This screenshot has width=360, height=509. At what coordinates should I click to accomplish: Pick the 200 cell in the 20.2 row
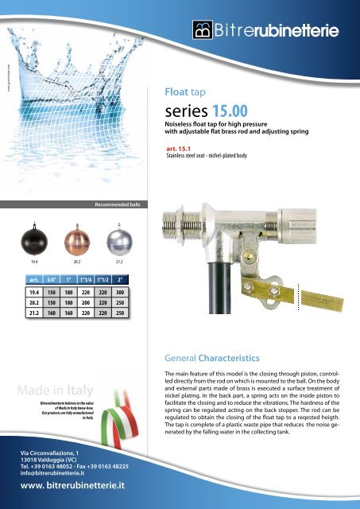[85, 304]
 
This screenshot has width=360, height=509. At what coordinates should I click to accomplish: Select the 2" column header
[119, 280]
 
